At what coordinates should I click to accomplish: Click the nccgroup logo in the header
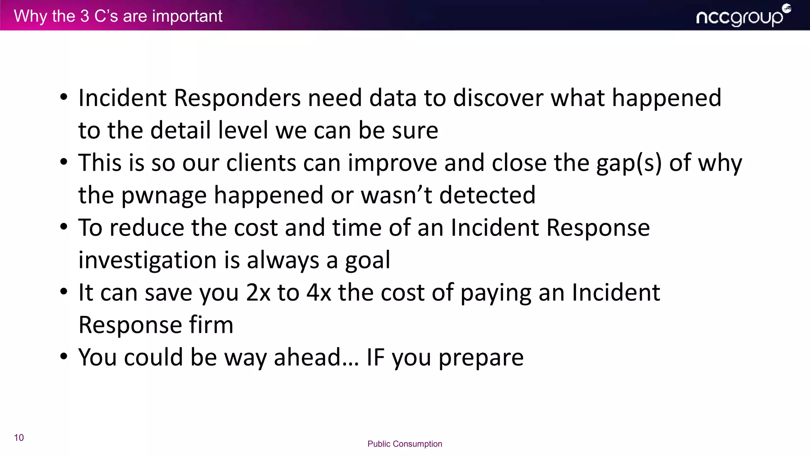(x=743, y=16)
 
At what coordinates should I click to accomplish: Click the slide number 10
(x=19, y=437)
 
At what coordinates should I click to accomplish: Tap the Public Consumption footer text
(x=405, y=444)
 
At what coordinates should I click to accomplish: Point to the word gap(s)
(x=629, y=163)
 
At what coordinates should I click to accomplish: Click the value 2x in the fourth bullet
(x=258, y=293)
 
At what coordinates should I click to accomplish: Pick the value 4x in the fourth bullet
(x=319, y=293)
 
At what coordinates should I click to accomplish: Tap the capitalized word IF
(x=375, y=357)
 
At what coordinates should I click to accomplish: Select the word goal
(x=367, y=261)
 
